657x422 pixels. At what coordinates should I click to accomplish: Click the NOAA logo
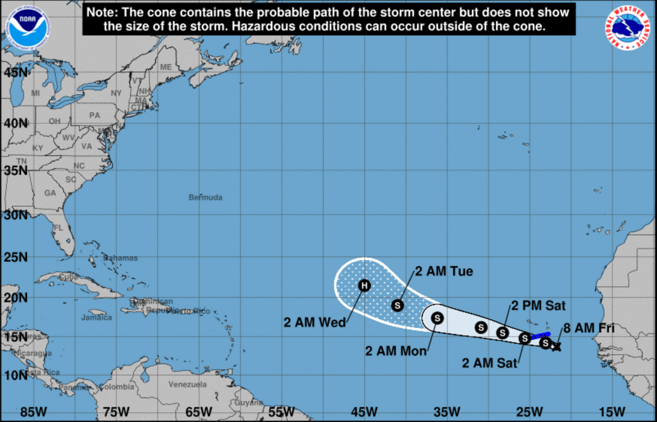tap(28, 28)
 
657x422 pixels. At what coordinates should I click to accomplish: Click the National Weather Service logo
tap(627, 28)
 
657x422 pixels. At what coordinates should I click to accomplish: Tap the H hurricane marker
tap(364, 285)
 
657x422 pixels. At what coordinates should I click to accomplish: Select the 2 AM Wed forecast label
tap(315, 322)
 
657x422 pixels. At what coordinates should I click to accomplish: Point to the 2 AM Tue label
tap(444, 271)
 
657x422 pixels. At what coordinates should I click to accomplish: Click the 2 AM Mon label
tap(396, 351)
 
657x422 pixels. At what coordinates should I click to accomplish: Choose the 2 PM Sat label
tap(538, 306)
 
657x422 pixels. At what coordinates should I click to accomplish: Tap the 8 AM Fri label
tap(589, 328)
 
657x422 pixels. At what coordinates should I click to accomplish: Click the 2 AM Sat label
tap(489, 363)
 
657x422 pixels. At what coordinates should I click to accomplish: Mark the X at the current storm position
tap(556, 347)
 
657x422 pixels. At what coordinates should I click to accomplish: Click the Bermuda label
tap(205, 197)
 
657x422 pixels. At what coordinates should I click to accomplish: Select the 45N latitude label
tap(16, 73)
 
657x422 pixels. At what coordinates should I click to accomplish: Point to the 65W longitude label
tap(199, 412)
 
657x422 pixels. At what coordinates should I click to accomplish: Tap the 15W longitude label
tap(612, 412)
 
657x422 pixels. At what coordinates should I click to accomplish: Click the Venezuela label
tap(187, 385)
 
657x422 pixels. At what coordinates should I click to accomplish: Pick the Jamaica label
tap(96, 318)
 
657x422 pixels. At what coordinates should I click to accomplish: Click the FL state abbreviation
tap(58, 228)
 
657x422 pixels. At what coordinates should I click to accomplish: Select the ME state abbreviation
tap(166, 67)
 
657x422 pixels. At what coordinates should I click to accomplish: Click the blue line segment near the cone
tap(540, 336)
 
